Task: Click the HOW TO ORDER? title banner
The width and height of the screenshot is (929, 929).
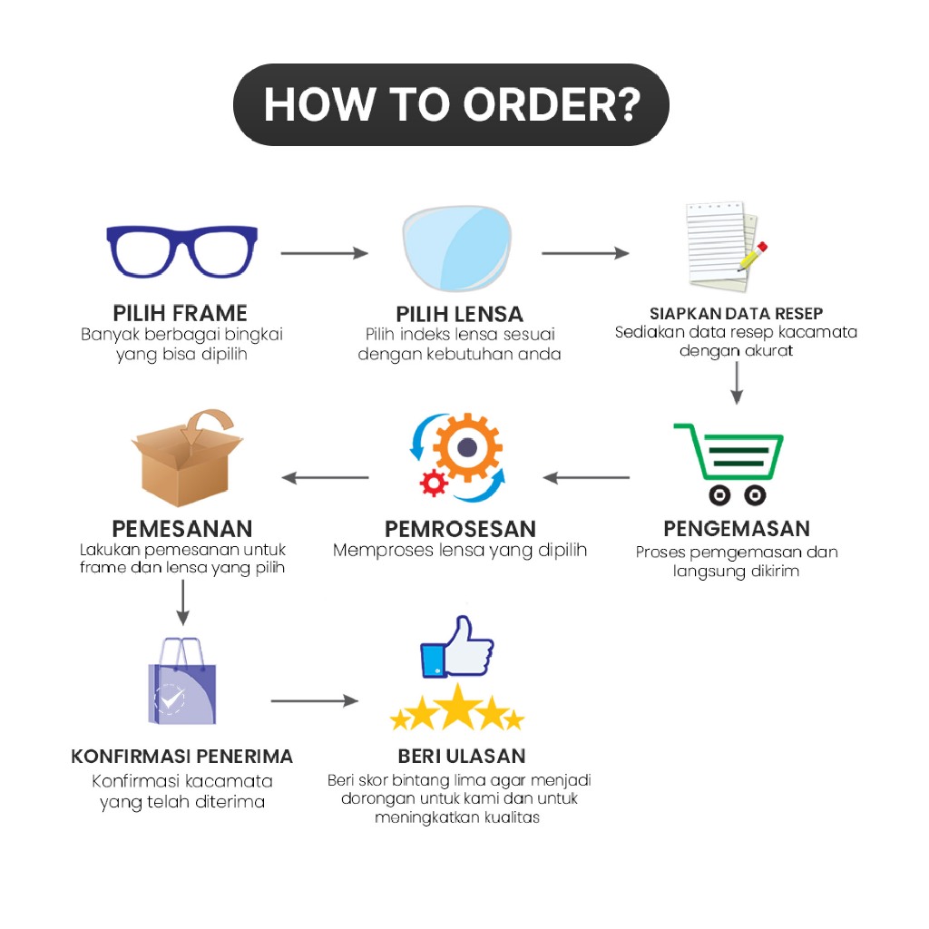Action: tap(451, 104)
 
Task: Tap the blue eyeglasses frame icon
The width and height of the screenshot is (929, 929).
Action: tap(181, 250)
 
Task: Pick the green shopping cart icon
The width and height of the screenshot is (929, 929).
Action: tap(731, 463)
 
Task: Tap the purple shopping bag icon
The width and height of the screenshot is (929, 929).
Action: tap(182, 681)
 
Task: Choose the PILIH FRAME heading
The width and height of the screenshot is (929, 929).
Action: tap(181, 313)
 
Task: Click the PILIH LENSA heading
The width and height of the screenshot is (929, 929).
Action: tap(459, 314)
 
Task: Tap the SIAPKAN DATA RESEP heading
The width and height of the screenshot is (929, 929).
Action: tap(736, 314)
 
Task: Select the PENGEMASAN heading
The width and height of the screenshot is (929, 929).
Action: tap(736, 529)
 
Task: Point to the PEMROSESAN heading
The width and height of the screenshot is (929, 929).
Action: tap(460, 529)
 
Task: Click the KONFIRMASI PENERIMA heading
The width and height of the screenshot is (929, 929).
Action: tap(182, 757)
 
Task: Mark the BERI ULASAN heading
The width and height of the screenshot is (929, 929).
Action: tap(461, 757)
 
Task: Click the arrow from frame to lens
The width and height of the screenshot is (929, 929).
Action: tap(324, 253)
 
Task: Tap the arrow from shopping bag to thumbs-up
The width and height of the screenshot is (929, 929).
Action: tap(314, 700)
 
